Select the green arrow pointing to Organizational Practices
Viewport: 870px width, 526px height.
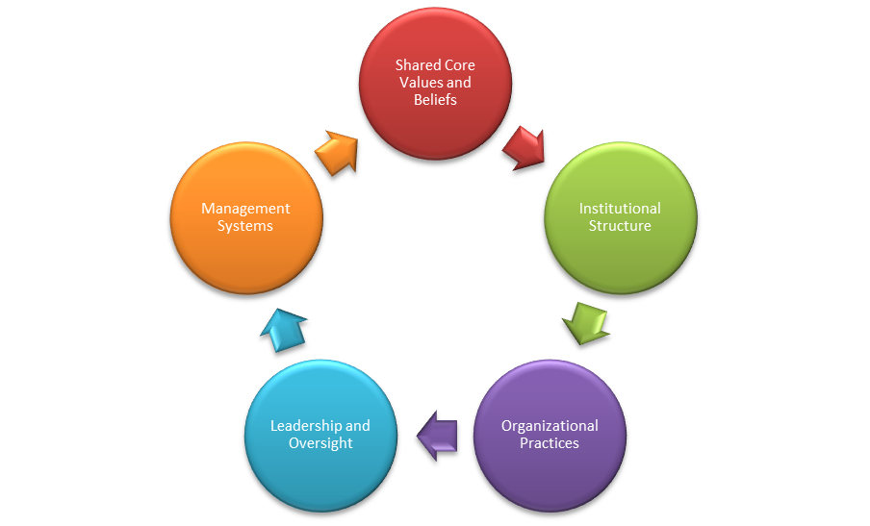[x=586, y=322]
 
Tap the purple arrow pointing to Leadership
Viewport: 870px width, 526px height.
[x=438, y=436]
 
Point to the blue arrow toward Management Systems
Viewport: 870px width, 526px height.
[x=283, y=330]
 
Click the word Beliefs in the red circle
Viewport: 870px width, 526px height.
[x=435, y=100]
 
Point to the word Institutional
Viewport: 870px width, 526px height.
[x=620, y=209]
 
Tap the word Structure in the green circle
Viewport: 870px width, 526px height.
[x=620, y=226]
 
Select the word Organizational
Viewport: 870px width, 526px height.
[x=550, y=426]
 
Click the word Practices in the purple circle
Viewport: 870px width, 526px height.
[x=550, y=443]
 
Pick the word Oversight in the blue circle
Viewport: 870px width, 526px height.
[x=320, y=443]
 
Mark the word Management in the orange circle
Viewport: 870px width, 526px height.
[x=245, y=209]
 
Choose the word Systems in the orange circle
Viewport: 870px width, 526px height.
[x=245, y=226]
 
